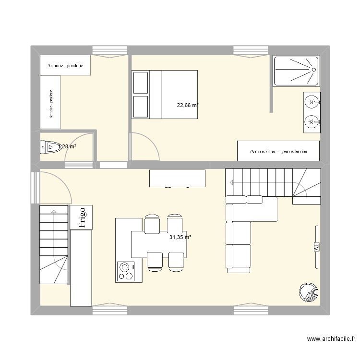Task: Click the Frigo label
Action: pos(82,217)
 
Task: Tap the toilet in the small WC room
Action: pos(49,146)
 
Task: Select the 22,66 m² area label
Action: pos(188,106)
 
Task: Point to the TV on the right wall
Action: pos(316,247)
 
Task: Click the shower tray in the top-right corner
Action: pos(296,71)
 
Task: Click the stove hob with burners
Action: pos(126,271)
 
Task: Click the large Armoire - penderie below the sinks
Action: pos(278,151)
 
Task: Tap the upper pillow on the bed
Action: pos(141,83)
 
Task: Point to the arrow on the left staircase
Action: pos(53,211)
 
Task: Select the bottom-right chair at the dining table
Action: pos(176,260)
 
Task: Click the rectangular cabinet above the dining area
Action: pos(178,178)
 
